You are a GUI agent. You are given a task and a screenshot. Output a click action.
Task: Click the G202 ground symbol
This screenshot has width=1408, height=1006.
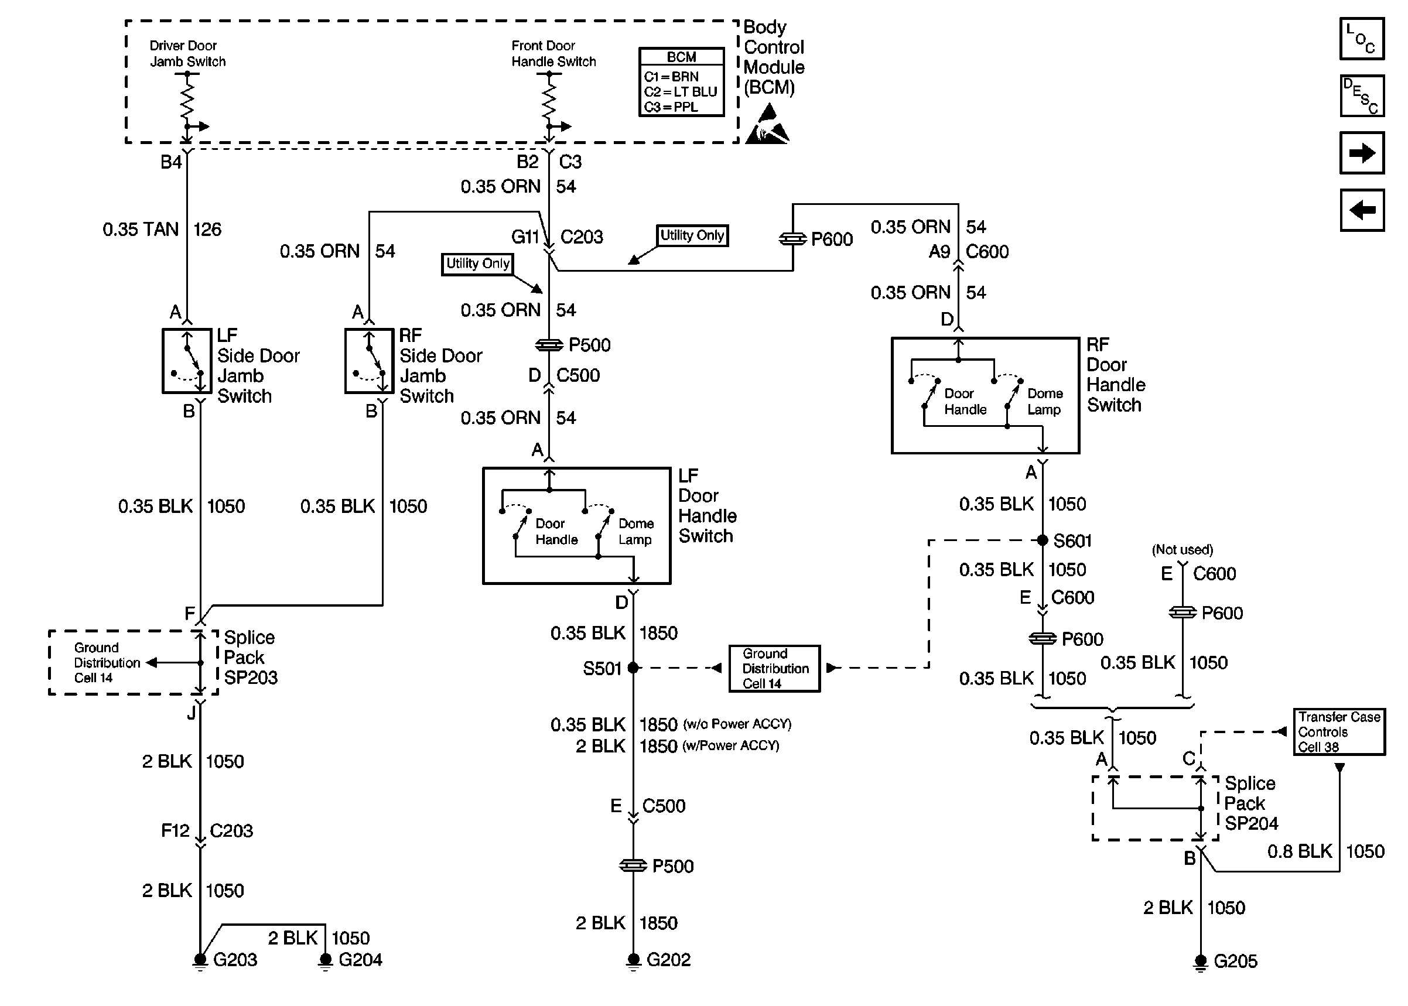(633, 962)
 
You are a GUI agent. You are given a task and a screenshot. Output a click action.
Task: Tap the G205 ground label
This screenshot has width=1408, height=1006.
(1235, 961)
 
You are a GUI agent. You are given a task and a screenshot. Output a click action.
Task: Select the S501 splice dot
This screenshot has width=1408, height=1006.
(633, 668)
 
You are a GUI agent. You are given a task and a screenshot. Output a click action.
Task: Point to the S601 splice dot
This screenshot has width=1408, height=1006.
(1042, 540)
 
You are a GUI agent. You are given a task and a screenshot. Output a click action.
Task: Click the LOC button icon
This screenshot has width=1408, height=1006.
(1362, 39)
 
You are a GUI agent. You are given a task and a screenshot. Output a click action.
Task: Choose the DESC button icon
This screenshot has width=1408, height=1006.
(1362, 96)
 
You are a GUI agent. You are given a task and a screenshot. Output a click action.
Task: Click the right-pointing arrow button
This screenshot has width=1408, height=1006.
(1362, 153)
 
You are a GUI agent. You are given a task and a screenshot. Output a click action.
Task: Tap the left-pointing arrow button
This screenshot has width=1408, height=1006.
(1362, 210)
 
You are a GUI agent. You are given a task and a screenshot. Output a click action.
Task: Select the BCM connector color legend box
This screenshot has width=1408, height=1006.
(681, 82)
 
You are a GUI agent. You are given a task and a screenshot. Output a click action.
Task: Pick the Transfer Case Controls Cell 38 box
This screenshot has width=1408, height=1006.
(1339, 731)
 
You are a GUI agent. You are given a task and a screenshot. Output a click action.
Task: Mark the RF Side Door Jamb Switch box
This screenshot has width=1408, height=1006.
(369, 361)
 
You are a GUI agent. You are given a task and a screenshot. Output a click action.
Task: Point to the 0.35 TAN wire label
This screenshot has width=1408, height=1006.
(141, 229)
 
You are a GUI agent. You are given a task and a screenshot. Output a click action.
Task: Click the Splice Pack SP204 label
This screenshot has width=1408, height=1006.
(1250, 803)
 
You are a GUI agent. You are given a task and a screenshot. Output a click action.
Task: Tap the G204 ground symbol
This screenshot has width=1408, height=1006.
(324, 962)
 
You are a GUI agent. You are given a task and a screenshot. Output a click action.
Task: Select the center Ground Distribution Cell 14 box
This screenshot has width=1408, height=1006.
(774, 668)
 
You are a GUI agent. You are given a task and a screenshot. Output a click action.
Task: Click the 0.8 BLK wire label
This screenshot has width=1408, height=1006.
(1300, 851)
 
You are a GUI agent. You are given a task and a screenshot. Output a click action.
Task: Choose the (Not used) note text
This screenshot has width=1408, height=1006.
(1182, 549)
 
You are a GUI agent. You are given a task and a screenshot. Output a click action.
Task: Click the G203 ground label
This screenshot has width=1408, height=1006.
(235, 960)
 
